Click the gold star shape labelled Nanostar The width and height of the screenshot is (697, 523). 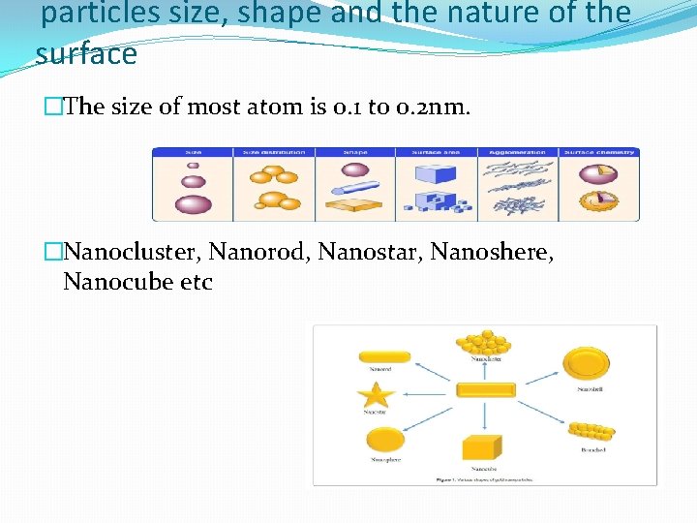click(376, 394)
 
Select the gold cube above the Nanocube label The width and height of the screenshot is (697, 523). click(482, 447)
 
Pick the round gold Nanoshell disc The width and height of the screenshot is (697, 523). click(587, 364)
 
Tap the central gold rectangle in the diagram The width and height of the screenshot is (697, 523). click(485, 390)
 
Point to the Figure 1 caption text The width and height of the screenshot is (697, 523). click(484, 478)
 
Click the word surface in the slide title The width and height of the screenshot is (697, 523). click(86, 54)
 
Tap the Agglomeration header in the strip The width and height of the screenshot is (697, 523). click(517, 152)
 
